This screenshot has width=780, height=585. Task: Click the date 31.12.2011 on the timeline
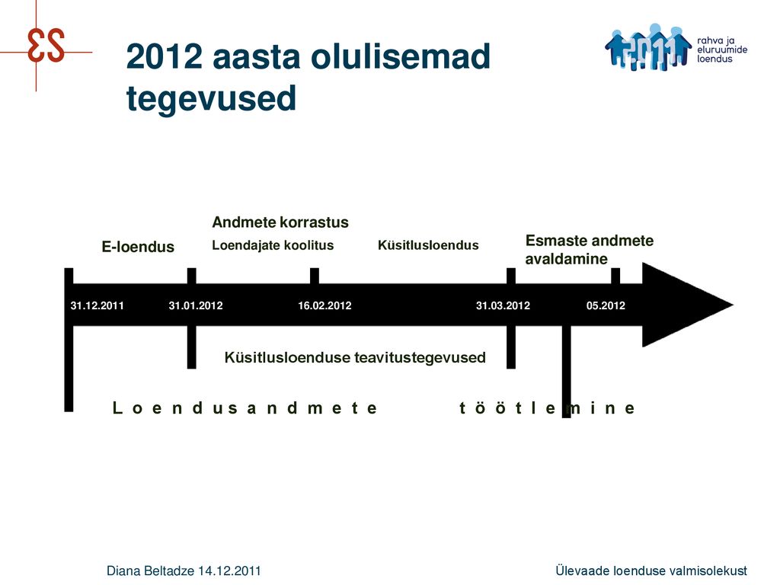97,305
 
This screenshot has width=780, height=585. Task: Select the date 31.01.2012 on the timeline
196,305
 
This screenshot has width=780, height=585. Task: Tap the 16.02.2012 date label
324,305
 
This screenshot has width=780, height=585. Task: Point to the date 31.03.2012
503,305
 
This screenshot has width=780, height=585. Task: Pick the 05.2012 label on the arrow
606,305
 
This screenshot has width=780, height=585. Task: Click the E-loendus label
138,247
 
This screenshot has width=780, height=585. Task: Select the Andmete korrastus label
280,222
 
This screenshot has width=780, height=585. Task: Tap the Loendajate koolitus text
273,245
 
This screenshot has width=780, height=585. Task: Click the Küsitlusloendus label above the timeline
428,245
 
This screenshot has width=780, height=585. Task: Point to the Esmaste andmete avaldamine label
590,250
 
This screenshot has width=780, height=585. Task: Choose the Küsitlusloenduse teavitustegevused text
355,358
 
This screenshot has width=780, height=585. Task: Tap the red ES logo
46,45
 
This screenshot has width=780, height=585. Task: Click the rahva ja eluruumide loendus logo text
722,50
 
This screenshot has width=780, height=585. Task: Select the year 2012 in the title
165,56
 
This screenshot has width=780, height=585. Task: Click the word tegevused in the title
212,98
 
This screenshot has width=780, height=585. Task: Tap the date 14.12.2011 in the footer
229,571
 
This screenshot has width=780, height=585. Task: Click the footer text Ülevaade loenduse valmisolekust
651,571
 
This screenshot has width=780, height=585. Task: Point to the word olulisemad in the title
401,56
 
